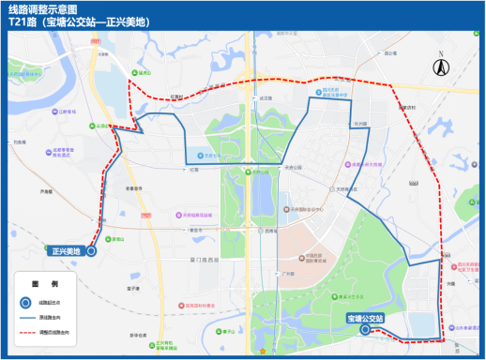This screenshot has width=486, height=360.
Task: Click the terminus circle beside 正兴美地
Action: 91,251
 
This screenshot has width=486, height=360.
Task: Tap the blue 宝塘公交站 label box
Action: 371,318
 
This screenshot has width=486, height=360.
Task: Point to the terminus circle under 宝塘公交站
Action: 364,330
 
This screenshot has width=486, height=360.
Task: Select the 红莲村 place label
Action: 175,96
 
